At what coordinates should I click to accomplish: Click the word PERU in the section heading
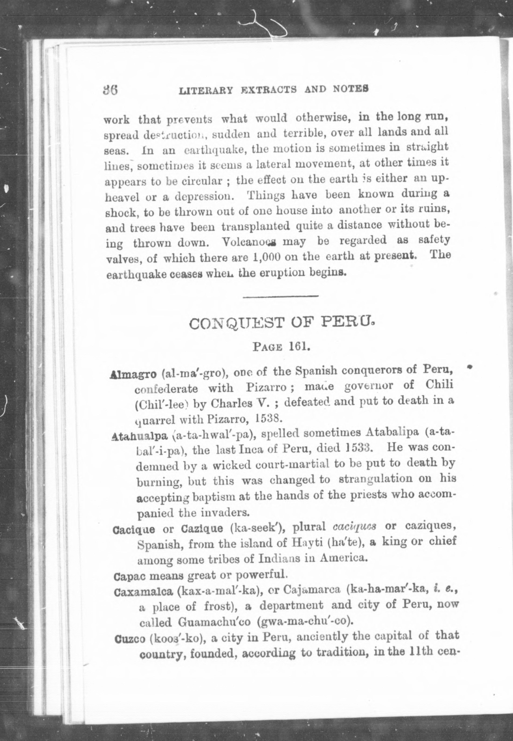[x=350, y=321]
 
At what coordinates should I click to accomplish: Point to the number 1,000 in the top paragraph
[x=267, y=257]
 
